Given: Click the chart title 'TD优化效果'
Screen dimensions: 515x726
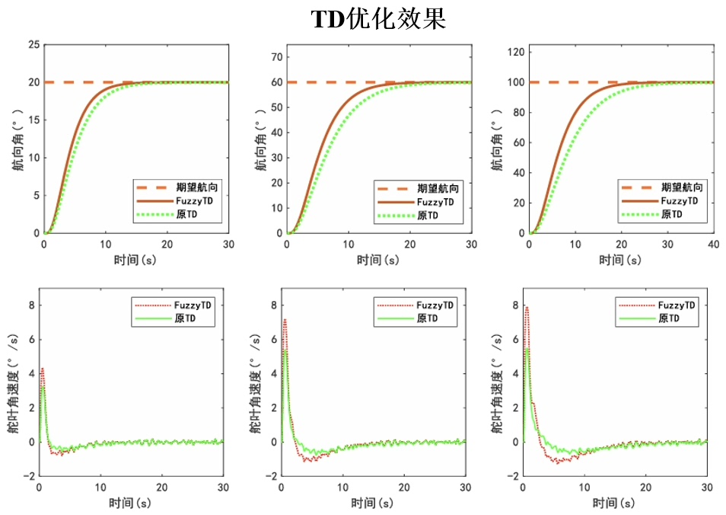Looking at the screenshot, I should (378, 19).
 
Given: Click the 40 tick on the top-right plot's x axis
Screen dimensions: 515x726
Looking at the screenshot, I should (714, 245).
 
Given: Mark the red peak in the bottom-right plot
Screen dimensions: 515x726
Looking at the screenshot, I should (526, 307).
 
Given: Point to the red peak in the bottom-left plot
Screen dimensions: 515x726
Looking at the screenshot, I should (42, 369).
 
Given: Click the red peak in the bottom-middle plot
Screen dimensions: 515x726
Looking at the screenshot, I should (285, 320).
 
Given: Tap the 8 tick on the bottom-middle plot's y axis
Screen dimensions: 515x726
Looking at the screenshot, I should (274, 305).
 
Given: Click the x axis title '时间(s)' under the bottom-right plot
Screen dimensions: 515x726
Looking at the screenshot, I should (616, 503).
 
